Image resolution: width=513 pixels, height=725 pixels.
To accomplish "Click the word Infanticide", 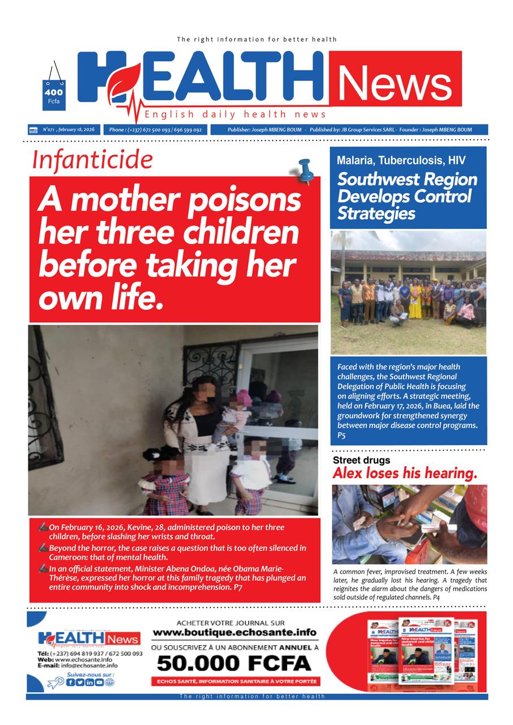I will click(92, 160).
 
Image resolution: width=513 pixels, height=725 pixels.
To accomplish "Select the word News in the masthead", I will click(395, 82).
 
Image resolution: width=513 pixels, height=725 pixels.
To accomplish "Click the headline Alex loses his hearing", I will click(405, 473).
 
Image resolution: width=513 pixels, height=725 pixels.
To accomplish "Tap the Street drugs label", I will click(361, 460).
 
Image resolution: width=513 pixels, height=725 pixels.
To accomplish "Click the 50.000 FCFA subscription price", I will click(234, 662).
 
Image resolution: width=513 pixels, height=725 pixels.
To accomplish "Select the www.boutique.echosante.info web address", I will click(234, 632).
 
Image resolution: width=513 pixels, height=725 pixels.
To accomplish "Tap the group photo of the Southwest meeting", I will click(408, 292).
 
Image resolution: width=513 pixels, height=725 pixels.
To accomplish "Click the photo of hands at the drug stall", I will click(409, 524).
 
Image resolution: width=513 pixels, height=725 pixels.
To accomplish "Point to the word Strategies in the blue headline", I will click(376, 214).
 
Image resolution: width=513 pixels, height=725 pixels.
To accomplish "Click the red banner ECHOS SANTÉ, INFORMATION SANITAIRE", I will click(234, 681).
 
